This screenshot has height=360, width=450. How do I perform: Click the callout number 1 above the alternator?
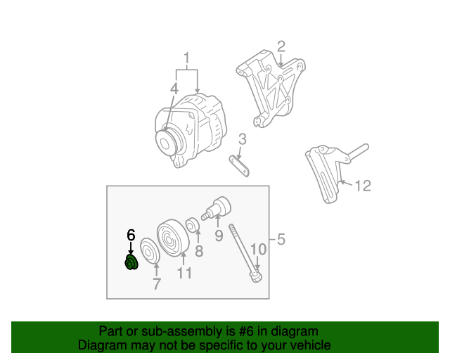point(187,58)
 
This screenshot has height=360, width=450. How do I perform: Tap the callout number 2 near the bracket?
point(281,46)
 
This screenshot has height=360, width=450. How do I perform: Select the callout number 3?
point(243,139)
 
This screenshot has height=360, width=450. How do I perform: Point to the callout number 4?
point(174,89)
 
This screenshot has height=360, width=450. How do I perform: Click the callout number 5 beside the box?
point(281,239)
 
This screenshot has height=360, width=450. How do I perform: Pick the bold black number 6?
point(131,235)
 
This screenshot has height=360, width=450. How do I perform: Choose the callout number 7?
point(156,284)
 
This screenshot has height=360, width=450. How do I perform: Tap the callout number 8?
point(199,251)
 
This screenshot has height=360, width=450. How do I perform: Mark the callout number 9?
point(219,236)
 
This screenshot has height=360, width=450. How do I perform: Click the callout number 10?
point(258,249)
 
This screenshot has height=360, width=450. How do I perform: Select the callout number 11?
point(184,273)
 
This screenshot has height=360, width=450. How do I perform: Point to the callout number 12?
point(363,186)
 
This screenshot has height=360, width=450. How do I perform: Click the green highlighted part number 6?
point(131,262)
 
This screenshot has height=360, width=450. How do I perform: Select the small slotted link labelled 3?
point(239,166)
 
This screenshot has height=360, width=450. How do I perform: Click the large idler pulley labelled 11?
point(173,238)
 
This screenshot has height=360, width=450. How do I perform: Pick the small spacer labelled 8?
point(193,225)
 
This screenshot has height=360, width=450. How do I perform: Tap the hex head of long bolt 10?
point(256,276)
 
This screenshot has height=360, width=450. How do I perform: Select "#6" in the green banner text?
point(246,331)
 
